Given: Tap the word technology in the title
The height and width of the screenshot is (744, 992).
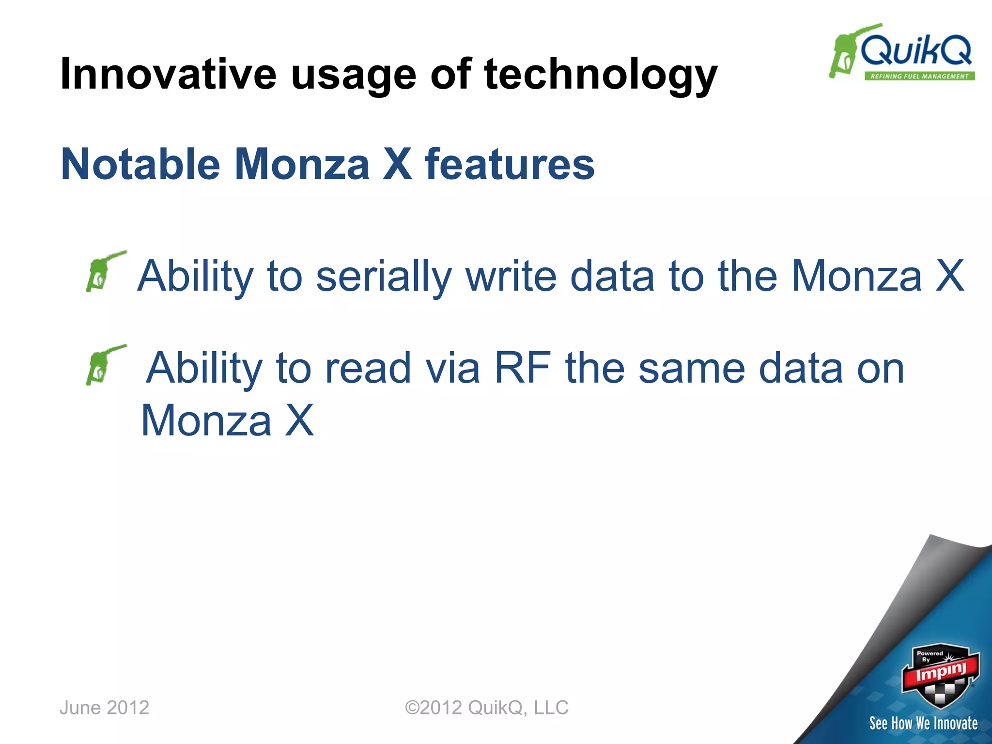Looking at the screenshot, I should (600, 75).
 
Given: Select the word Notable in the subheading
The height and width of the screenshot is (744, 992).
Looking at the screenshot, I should (140, 164).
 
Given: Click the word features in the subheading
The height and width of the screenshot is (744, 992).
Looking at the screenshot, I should (510, 164).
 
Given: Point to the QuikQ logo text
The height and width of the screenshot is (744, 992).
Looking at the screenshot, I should (915, 50).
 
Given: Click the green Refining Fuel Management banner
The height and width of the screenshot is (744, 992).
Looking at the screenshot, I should (919, 76).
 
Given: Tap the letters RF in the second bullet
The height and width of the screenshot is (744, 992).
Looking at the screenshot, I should (522, 368).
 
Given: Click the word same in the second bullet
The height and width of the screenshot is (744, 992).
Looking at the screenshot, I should (692, 368).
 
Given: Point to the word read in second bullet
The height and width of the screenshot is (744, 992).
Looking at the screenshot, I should (368, 368).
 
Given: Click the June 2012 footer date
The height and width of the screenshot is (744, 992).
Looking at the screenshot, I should (104, 708).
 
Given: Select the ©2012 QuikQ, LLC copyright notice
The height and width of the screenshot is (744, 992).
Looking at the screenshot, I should (486, 708).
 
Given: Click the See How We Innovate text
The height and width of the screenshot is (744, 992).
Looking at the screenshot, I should (923, 723).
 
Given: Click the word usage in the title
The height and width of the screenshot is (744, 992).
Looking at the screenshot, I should (354, 75).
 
